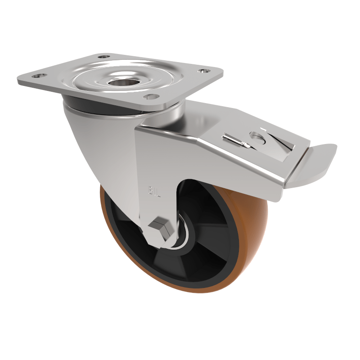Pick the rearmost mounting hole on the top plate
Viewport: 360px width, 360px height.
pos(104,57)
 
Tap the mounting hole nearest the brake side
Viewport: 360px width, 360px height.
pos(203,71)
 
